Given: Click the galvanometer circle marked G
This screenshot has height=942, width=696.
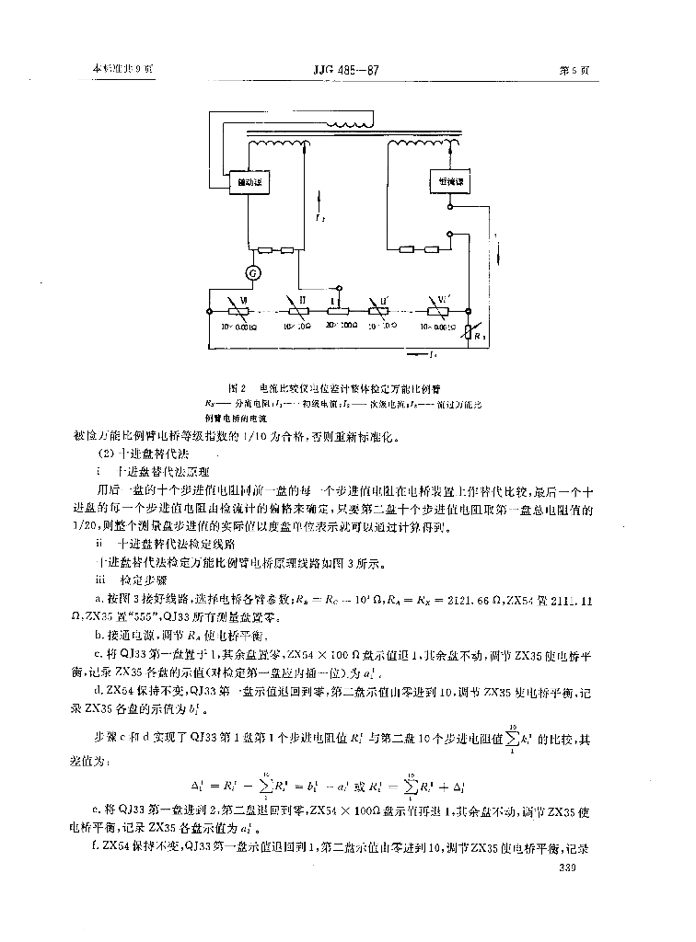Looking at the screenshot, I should (x=248, y=273).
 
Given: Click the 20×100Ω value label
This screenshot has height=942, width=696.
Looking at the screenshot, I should (x=337, y=326).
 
